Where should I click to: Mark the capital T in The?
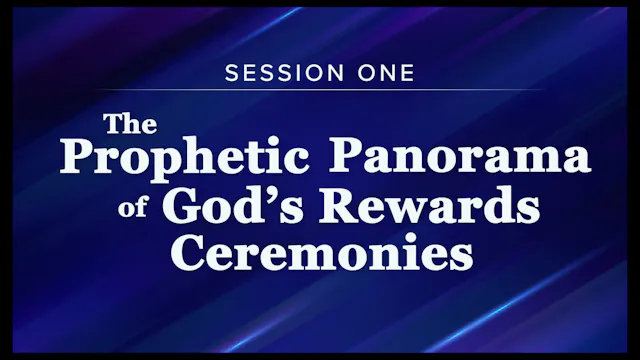point(114,125)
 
